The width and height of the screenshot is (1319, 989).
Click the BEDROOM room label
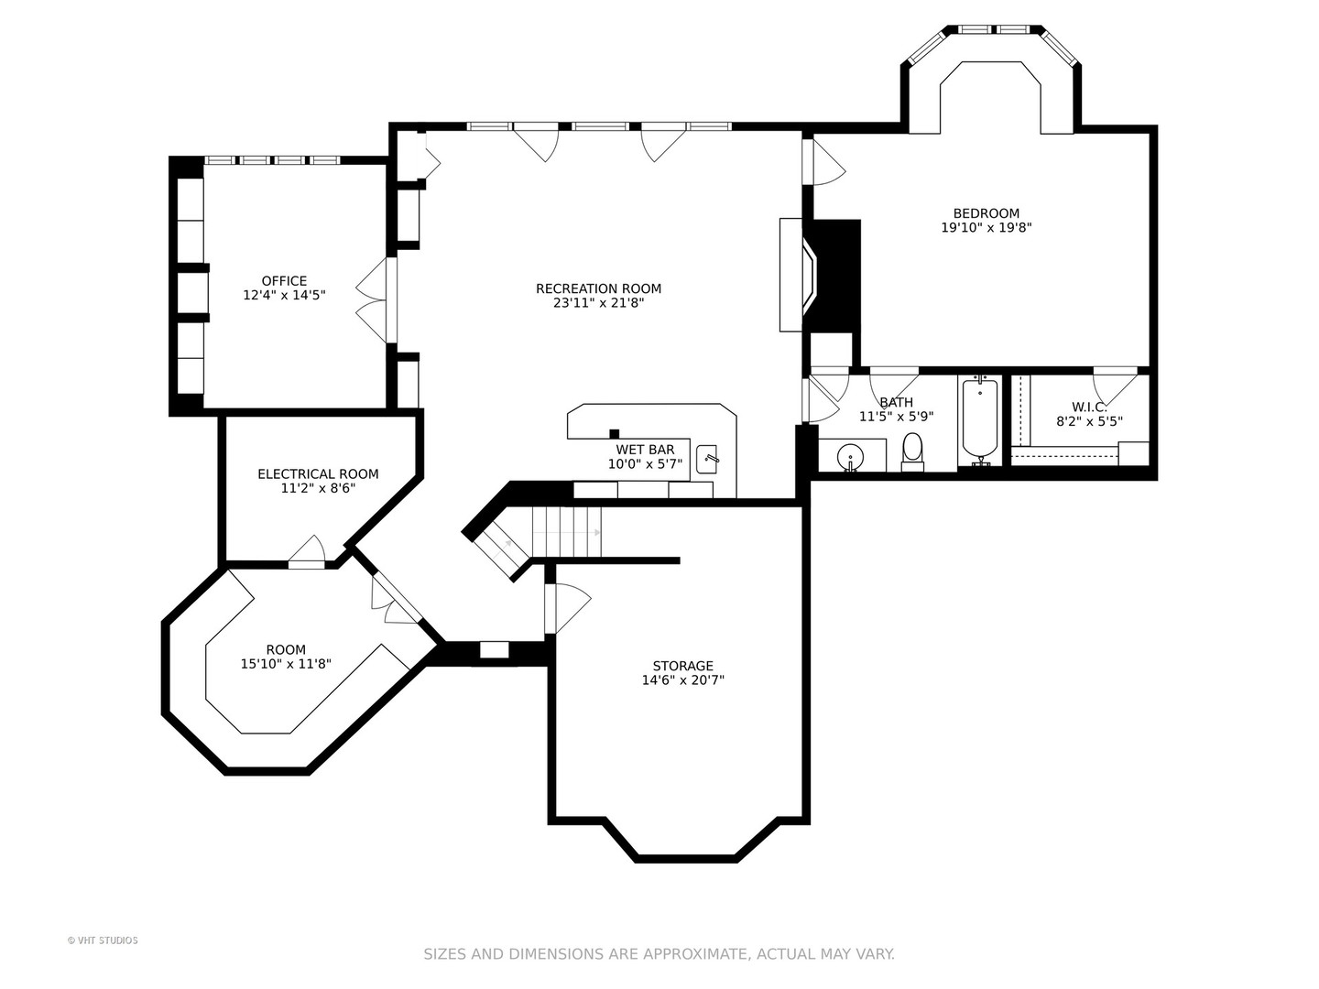click(986, 213)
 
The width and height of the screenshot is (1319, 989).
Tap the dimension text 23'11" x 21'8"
click(598, 303)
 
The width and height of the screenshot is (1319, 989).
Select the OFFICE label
click(284, 281)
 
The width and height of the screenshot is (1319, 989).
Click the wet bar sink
click(707, 456)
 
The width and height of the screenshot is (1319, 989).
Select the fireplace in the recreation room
click(812, 275)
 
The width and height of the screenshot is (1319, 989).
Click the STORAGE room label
click(682, 666)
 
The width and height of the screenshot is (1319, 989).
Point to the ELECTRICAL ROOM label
click(318, 473)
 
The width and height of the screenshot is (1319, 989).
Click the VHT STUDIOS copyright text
click(103, 940)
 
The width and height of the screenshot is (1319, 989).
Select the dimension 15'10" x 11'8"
click(286, 665)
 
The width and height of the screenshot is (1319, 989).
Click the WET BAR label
click(645, 450)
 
